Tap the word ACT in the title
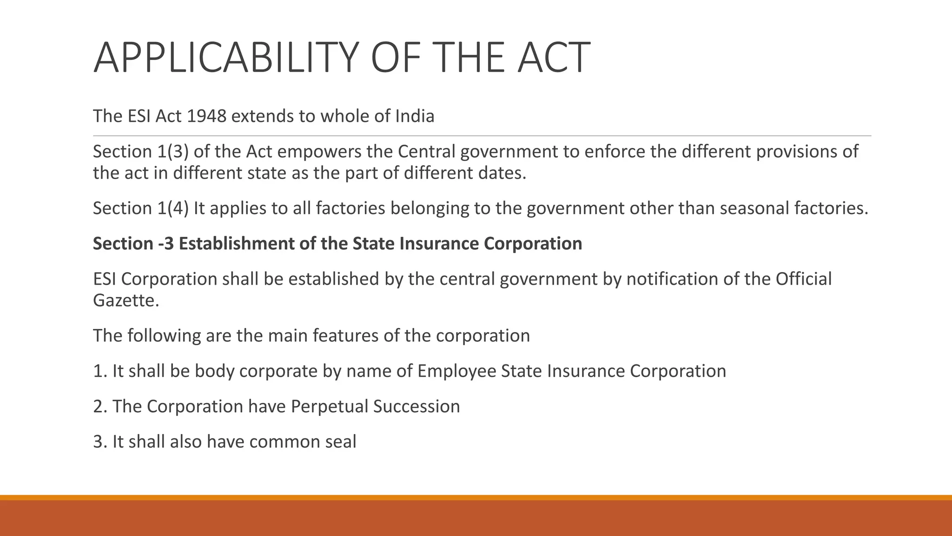point(554,58)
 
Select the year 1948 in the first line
point(206,116)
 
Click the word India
point(415,116)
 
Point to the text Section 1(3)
point(140,152)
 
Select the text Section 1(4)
point(140,208)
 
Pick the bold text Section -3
point(133,244)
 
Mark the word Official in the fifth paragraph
point(803,279)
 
